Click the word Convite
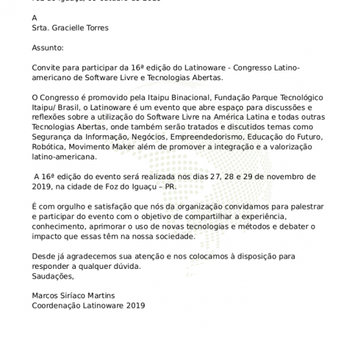pos(48,68)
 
